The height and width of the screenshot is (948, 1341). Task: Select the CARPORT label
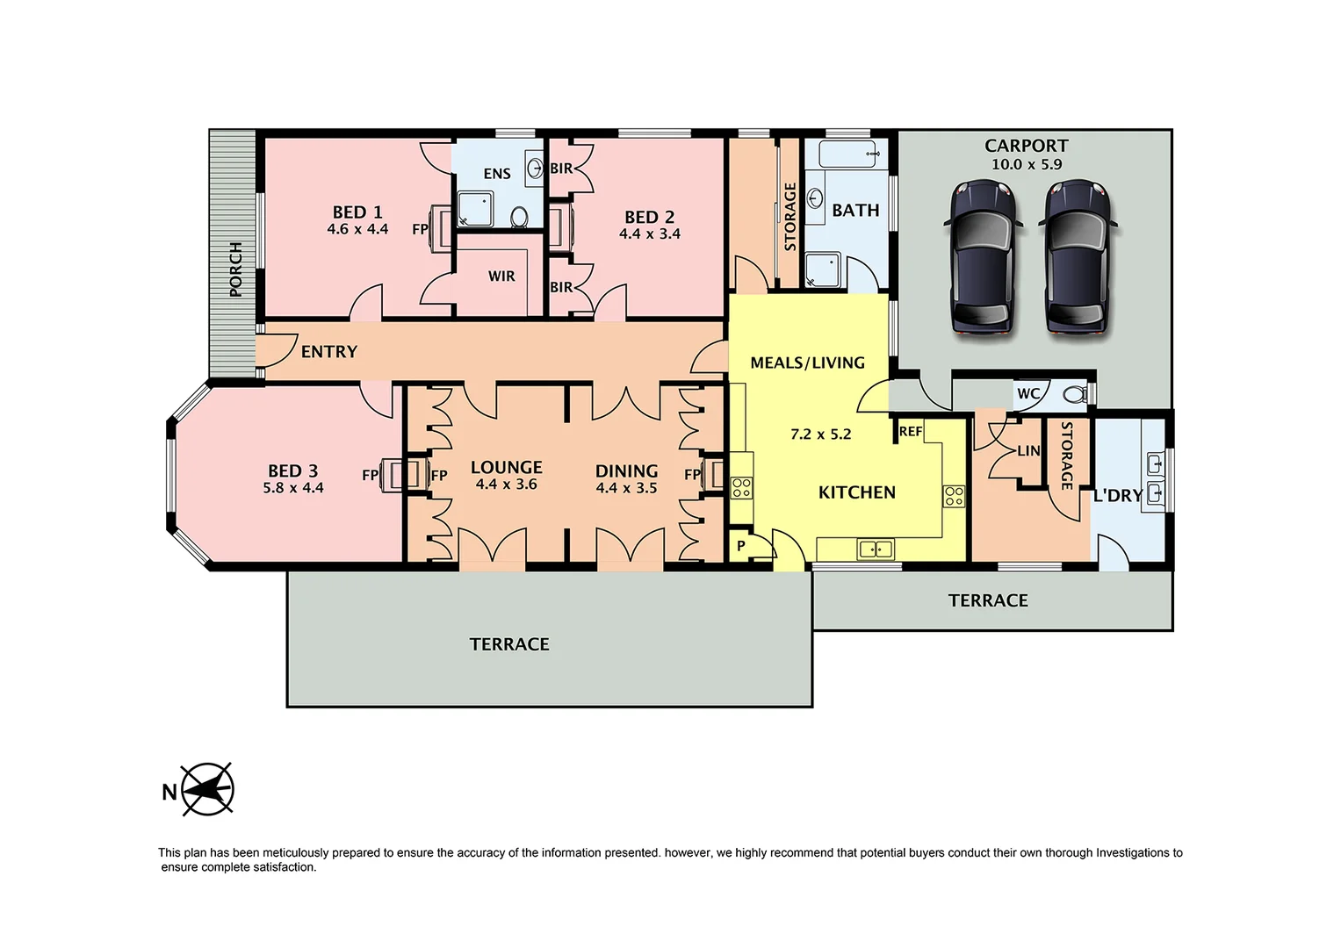tap(1026, 146)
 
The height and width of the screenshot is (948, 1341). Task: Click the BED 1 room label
tap(357, 212)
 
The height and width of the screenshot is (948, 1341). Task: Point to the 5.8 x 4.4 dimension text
tap(293, 488)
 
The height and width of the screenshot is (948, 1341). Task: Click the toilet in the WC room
tap(1075, 394)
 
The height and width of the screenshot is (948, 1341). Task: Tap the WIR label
tap(501, 276)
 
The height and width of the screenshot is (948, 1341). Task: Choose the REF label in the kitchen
tap(911, 431)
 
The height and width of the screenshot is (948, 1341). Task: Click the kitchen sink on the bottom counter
tap(876, 549)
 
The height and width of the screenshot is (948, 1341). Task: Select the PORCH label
tap(235, 269)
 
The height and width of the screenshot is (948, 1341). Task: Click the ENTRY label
tap(328, 352)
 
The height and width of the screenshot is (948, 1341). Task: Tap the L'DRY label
tap(1117, 496)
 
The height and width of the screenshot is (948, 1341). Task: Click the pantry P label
tap(741, 546)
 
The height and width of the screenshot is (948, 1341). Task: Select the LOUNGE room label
tap(506, 467)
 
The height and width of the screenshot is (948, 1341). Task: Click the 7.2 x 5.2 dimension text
tap(820, 434)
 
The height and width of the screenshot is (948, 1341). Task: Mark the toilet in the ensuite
tap(519, 216)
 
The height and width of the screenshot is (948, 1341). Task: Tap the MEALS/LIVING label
tap(807, 363)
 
